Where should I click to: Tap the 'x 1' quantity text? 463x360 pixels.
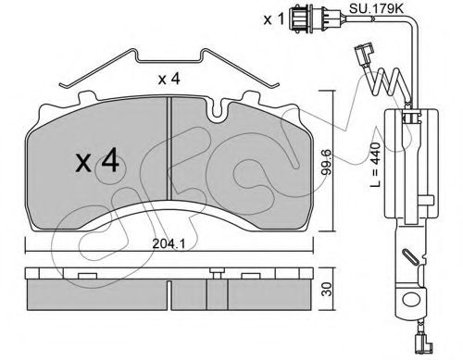273,19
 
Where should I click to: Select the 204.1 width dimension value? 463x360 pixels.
169,244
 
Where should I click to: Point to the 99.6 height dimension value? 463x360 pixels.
327,162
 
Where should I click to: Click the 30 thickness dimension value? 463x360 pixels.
327,289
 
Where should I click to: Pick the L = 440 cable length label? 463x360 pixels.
375,165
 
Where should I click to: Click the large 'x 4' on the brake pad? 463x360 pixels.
97,160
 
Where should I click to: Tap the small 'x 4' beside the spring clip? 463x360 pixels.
169,80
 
